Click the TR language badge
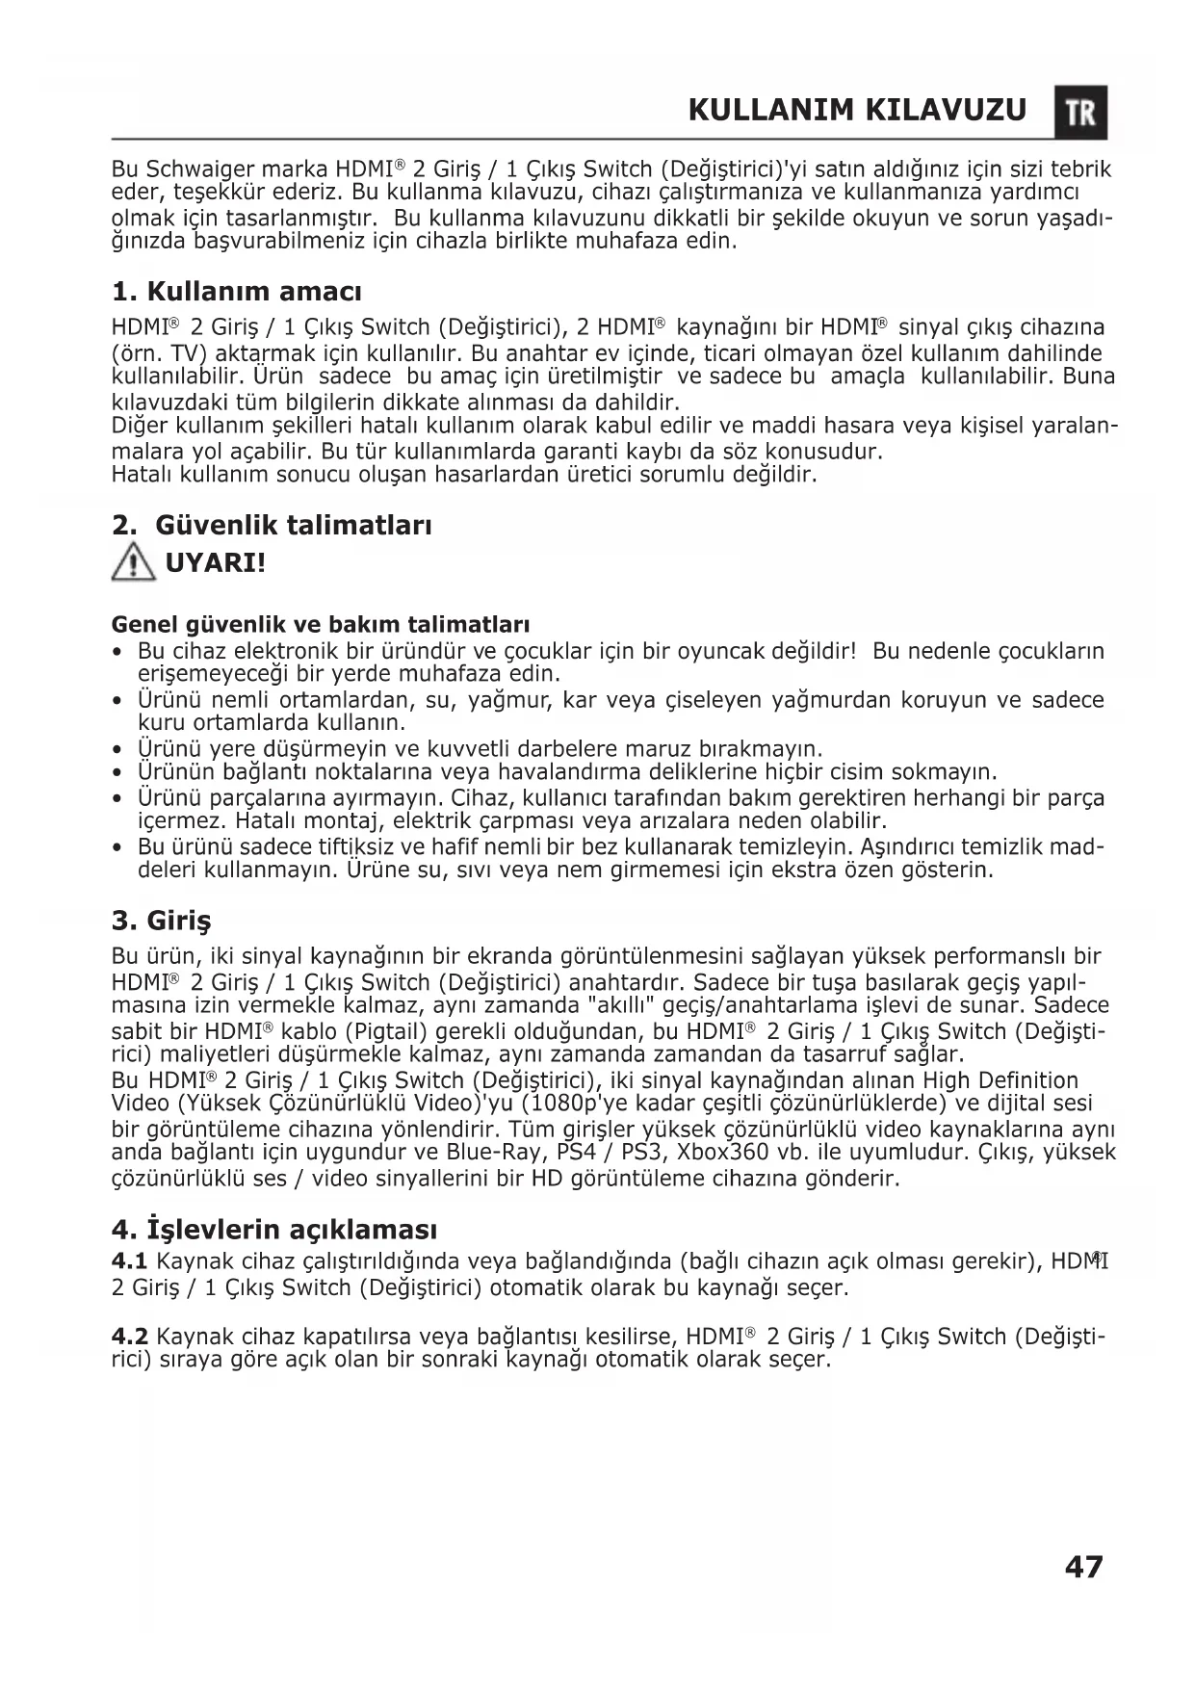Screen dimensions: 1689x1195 click(1080, 113)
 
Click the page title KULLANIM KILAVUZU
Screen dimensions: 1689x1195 click(858, 111)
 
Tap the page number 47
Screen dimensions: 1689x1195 click(1084, 1567)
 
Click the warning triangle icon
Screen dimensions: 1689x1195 click(133, 561)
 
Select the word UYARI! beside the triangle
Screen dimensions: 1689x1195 click(216, 562)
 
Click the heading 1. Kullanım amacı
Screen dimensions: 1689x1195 click(237, 291)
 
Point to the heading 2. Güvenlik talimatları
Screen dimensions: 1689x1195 click(273, 525)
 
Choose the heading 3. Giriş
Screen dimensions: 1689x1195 click(161, 921)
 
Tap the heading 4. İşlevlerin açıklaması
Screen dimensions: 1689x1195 click(274, 1230)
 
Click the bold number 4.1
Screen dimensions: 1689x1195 click(129, 1261)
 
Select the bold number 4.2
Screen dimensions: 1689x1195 click(129, 1337)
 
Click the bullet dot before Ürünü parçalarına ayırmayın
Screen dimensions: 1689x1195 click(117, 798)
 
